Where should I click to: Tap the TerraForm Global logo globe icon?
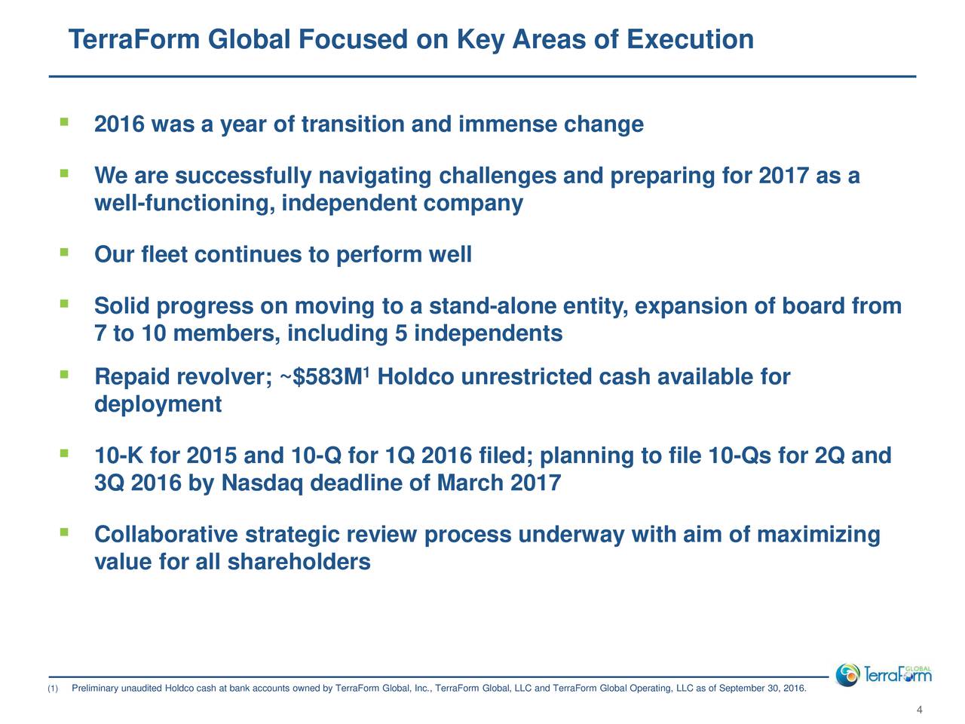(x=847, y=675)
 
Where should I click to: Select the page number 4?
(x=919, y=710)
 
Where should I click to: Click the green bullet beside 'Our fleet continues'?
(x=65, y=252)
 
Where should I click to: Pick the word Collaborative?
(x=166, y=535)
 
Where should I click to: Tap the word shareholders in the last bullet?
(x=299, y=562)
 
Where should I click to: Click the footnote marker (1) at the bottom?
(x=53, y=689)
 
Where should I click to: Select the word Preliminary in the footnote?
(x=95, y=689)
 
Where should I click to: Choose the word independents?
(x=488, y=333)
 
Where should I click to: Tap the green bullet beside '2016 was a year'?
(x=65, y=121)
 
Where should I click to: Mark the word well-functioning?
(x=185, y=204)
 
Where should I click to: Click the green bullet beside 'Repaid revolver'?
(x=65, y=375)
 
